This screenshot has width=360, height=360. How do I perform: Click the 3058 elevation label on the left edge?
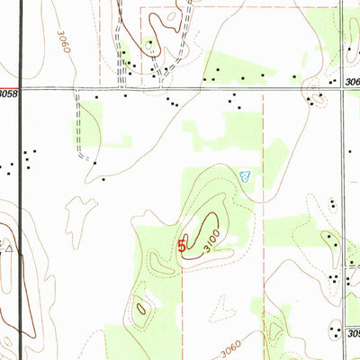pyautogui.click(x=8, y=93)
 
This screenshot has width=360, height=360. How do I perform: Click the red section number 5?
pyautogui.click(x=182, y=244)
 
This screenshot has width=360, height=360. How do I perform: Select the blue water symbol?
pyautogui.click(x=247, y=177)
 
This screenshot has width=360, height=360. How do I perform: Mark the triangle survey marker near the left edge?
pyautogui.click(x=9, y=245)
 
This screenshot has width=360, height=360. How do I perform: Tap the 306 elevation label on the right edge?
pyautogui.click(x=352, y=81)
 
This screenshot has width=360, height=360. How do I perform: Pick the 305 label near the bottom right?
pyautogui.click(x=353, y=332)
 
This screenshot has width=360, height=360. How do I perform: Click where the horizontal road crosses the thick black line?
pyautogui.click(x=20, y=90)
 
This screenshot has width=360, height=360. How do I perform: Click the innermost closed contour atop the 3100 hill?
pyautogui.click(x=210, y=222)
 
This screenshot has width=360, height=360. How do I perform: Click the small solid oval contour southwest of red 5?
pyautogui.click(x=139, y=308)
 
